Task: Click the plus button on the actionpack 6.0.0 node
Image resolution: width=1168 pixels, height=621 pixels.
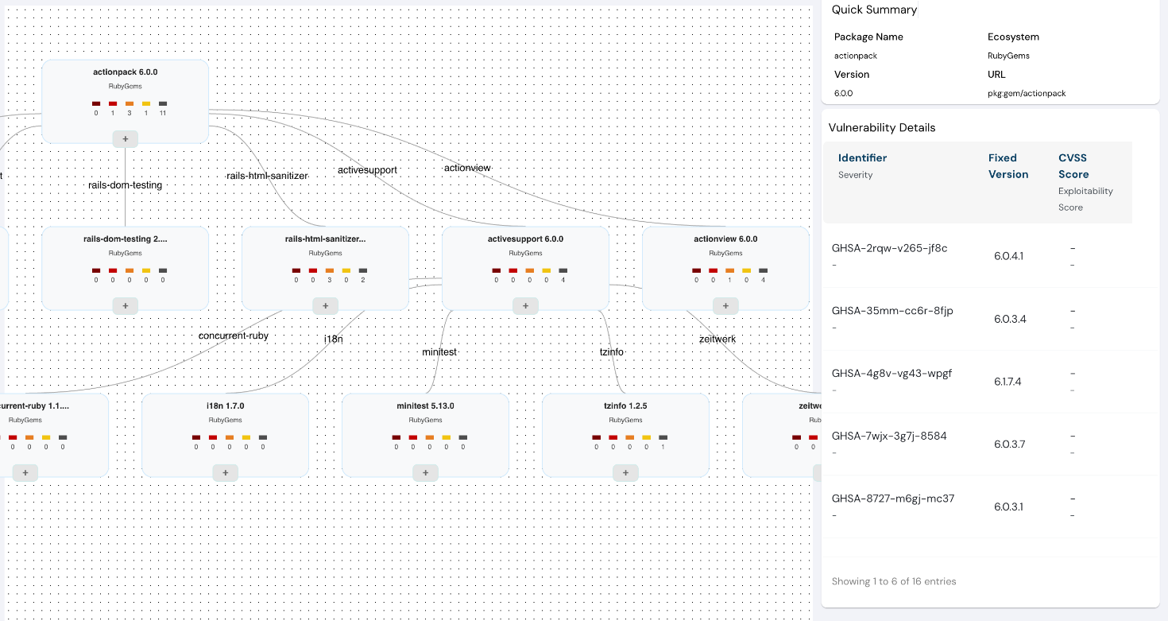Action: coord(125,139)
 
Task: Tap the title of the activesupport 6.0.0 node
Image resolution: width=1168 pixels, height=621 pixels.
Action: coord(525,239)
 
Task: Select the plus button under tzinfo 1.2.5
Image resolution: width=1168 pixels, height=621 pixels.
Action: coord(625,473)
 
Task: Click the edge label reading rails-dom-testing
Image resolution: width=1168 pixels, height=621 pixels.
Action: coord(125,185)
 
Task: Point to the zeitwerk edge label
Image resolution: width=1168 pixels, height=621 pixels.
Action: coord(717,339)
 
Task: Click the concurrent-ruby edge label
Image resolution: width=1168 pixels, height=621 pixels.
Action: coord(234,336)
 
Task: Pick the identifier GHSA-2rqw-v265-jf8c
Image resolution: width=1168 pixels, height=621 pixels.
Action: coord(889,248)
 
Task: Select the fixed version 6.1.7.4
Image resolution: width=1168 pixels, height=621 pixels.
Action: coord(1007,382)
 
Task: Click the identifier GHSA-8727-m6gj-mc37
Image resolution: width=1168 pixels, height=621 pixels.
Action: coord(893,499)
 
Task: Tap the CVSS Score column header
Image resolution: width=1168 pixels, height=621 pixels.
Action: coord(1073,166)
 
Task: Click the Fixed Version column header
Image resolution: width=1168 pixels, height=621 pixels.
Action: coord(1008,166)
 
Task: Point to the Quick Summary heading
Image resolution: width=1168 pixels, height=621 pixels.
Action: coord(874,10)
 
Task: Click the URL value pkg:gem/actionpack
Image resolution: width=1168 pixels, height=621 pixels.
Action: coord(1027,93)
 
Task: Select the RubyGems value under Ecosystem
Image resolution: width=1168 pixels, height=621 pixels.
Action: coord(1008,56)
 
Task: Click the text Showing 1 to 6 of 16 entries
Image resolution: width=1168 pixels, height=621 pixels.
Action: coord(894,581)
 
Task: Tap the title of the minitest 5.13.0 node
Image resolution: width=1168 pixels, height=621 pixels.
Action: coord(425,406)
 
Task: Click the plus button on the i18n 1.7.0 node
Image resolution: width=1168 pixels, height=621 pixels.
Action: coord(225,473)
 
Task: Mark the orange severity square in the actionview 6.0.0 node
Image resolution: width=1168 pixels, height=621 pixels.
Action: coord(729,270)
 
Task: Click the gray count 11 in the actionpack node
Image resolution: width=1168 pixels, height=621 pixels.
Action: coord(163,113)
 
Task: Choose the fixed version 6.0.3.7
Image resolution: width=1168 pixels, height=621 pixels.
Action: coord(1009,444)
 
